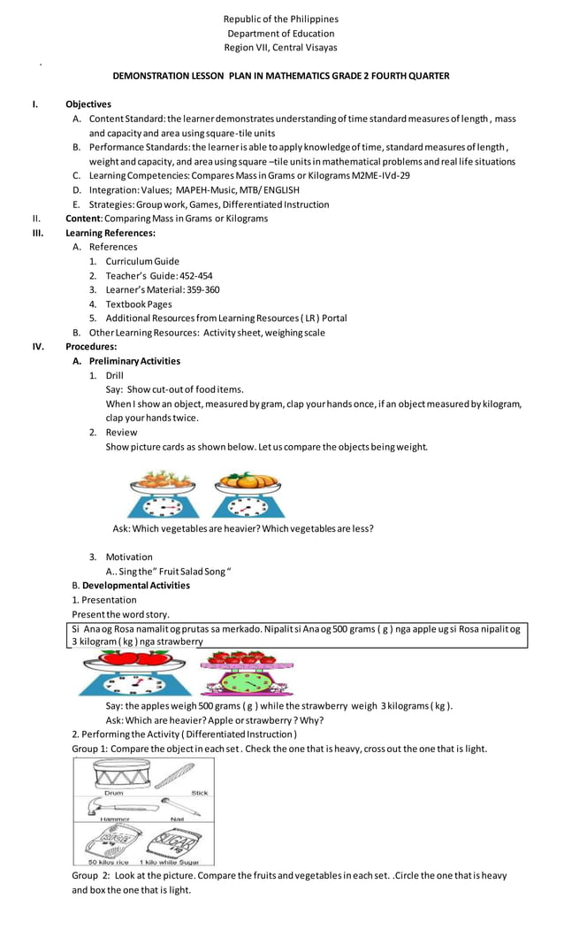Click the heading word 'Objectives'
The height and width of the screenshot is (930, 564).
pos(88,104)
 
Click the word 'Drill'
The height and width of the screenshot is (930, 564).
pos(115,375)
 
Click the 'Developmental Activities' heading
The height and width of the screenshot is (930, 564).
pos(136,585)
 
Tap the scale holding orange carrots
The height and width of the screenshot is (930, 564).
pos(162,495)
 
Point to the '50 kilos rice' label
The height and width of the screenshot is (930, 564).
pos(110,861)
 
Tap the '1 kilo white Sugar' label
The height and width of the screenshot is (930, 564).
pos(169,861)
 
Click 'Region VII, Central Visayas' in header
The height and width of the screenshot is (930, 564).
pos(281,48)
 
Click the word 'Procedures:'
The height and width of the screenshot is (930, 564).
pos(91,347)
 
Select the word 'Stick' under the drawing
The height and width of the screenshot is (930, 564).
pos(200,793)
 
